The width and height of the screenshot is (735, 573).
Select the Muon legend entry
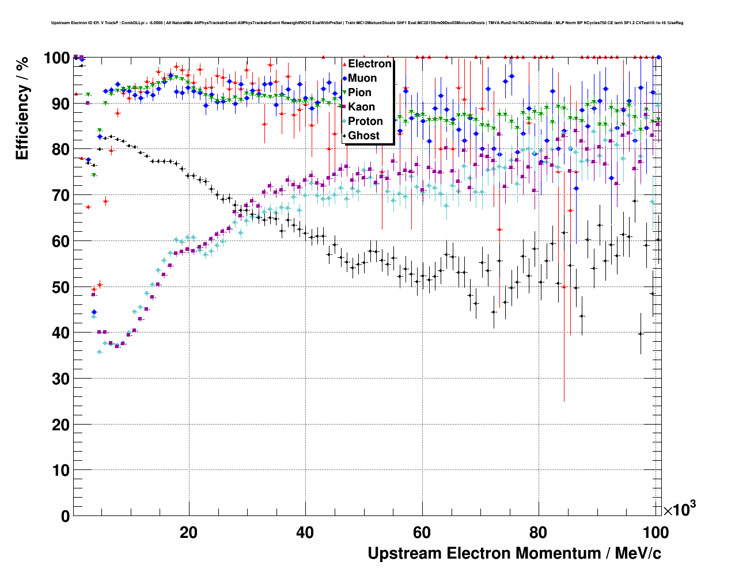(362, 78)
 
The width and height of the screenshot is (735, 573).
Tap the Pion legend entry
(359, 93)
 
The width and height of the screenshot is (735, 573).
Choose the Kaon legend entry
(361, 107)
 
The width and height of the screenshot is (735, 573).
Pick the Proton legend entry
(365, 121)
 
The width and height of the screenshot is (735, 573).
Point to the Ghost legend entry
(363, 136)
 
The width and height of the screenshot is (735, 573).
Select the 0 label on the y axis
(65, 516)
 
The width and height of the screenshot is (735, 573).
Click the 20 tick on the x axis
(188, 532)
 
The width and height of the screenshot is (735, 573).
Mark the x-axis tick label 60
(422, 532)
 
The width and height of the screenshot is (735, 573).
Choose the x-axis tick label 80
(539, 532)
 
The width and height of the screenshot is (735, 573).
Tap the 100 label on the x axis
(655, 532)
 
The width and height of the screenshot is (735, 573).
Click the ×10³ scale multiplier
(679, 509)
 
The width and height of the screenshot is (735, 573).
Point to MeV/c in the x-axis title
(638, 553)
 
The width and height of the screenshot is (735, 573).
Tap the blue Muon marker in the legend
(344, 78)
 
